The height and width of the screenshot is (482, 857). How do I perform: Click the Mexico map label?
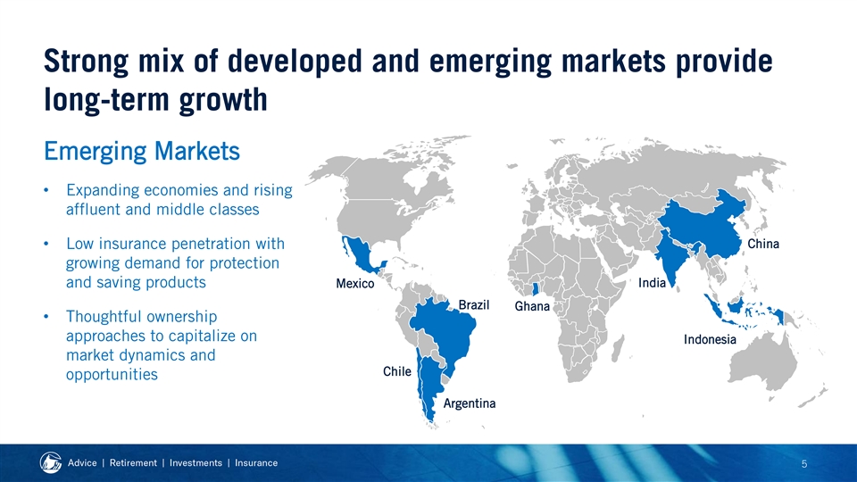354,283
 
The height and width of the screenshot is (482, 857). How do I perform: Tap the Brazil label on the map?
473,304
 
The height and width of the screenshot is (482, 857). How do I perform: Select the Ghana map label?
532,306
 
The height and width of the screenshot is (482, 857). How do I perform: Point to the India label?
652,283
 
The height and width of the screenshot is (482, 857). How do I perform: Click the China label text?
763,244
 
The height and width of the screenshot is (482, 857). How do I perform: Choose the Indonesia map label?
710,339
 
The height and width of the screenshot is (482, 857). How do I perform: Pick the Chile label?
396,371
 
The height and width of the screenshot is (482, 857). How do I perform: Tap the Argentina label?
469,403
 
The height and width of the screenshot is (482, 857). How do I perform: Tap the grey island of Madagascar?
617,349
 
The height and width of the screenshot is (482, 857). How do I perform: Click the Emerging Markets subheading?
142,152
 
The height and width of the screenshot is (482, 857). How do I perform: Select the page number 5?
804,464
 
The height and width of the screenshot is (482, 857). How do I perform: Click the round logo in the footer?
51,463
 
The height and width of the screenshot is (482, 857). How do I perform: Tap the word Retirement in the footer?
133,463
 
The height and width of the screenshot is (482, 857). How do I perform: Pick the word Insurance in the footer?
256,463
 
